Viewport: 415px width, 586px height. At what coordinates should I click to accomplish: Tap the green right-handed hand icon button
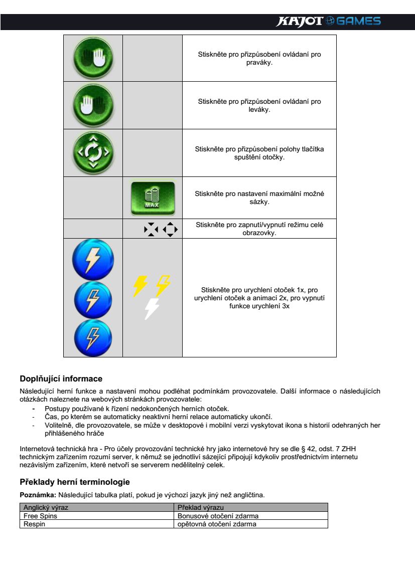[93, 58]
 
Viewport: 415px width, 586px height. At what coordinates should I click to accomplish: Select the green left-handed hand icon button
[93, 105]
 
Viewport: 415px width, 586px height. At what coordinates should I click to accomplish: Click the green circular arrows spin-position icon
[93, 152]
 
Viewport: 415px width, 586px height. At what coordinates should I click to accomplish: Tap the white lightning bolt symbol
[151, 308]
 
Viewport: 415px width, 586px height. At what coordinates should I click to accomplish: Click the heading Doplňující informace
[61, 378]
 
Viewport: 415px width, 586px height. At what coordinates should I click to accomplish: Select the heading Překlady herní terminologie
[75, 482]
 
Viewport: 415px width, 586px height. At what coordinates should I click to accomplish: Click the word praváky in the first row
[259, 62]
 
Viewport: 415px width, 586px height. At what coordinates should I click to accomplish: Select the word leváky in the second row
[259, 109]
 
